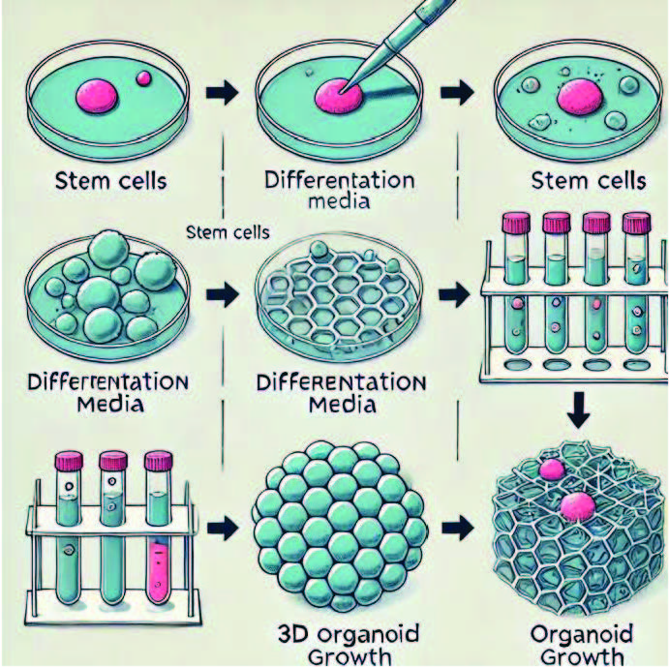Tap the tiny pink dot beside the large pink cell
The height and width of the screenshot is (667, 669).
coord(144,77)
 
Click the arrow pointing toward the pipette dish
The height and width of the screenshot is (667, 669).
coord(222,93)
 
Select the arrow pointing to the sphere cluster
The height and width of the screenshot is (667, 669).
coord(222,529)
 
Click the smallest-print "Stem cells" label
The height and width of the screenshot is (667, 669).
coord(227,232)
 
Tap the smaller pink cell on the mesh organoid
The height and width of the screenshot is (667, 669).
coord(551,470)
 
